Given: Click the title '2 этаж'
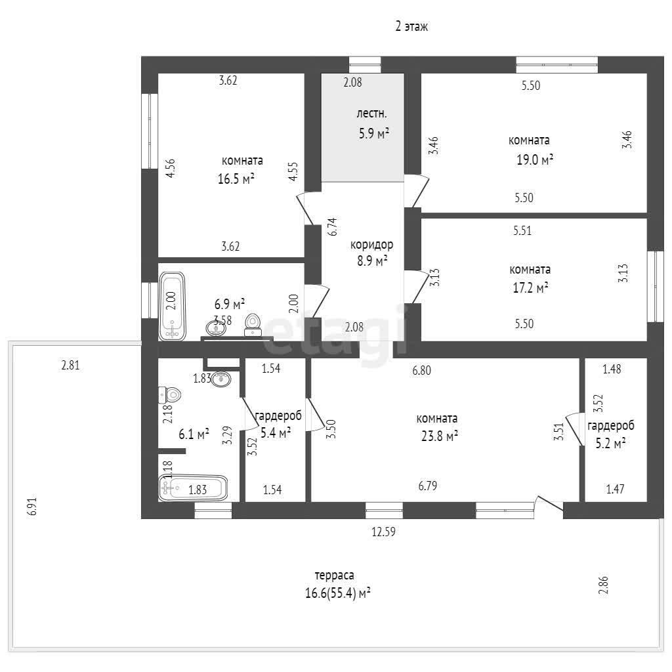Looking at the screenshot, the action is (411, 26).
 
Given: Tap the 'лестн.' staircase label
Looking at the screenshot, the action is (371, 114).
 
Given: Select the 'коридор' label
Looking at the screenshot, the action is (371, 245).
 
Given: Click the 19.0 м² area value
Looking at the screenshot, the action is (534, 160).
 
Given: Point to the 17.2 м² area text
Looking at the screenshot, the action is (530, 287).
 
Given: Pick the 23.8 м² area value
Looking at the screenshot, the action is (440, 436).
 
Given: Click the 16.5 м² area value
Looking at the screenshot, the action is (236, 178).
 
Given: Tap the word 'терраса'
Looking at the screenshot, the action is (334, 575).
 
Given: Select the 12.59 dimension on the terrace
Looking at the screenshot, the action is (383, 532).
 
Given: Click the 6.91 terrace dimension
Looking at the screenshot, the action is (32, 507).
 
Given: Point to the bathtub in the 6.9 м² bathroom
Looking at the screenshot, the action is (172, 306).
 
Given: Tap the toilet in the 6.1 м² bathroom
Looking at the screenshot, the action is (170, 394).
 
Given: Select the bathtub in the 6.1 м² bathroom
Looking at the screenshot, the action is (193, 488).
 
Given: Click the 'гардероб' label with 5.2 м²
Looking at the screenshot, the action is (610, 425).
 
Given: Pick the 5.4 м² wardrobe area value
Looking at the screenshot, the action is (276, 433).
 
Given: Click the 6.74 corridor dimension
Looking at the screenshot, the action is (333, 226).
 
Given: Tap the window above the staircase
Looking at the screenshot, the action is (365, 65).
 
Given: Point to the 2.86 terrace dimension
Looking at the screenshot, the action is (603, 586).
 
